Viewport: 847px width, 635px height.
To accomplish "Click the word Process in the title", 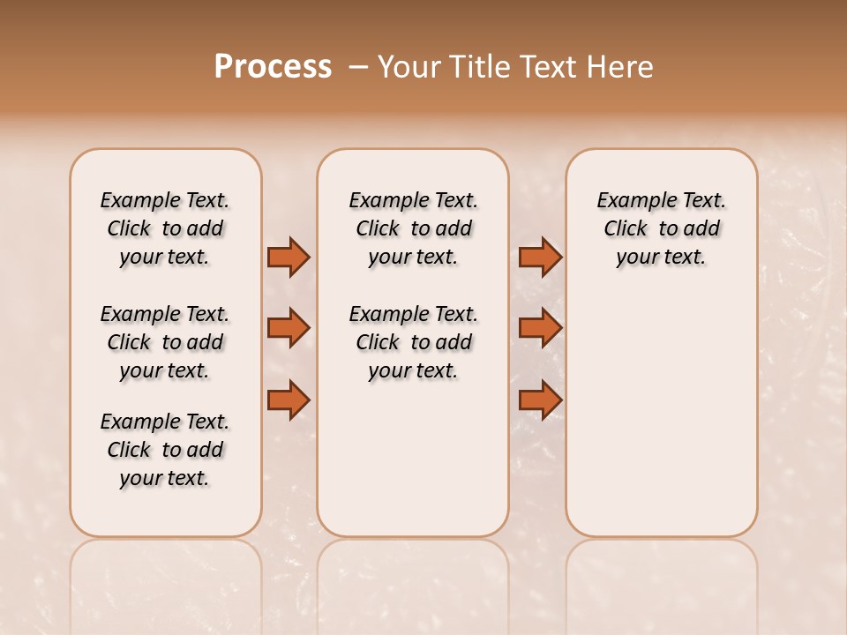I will [273, 67].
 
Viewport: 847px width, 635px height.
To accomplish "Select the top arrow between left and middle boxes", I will [289, 257].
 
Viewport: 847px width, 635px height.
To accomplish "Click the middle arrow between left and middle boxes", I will [289, 328].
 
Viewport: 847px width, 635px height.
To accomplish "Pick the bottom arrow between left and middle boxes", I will [289, 400].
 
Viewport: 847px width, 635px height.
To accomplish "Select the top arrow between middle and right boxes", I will [540, 257].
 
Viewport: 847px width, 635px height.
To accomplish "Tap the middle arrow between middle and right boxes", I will [540, 328].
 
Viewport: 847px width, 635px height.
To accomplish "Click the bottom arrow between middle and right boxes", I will [540, 400].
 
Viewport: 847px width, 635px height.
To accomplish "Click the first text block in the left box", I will [165, 228].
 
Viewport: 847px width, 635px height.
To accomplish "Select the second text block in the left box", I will [165, 342].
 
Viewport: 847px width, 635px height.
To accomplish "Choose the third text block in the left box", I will [165, 450].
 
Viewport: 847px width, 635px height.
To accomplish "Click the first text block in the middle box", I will [413, 228].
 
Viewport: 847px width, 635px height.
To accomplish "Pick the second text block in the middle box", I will [413, 342].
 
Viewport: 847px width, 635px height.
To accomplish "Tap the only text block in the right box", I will [661, 228].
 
